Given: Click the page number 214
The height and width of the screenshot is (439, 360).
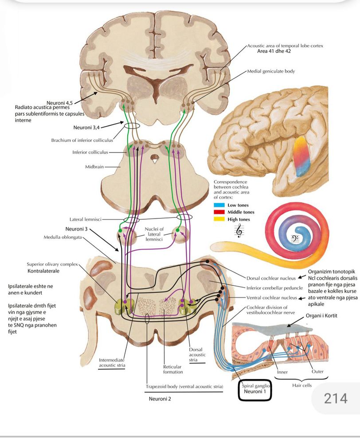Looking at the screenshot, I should point(336,399).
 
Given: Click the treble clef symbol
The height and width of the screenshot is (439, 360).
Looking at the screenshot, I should point(239,230).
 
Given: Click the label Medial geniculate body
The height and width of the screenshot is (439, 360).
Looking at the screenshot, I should point(271,71).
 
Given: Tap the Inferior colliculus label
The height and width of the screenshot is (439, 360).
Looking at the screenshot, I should point(90,152).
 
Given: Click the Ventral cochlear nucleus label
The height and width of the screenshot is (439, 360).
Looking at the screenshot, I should point(271,297).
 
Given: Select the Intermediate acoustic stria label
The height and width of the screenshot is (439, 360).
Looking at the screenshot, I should point(111,362).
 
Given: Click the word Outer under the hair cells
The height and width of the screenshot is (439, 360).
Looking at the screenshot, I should point(317,371).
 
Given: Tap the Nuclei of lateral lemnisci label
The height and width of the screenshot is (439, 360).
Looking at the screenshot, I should point(154,234).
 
